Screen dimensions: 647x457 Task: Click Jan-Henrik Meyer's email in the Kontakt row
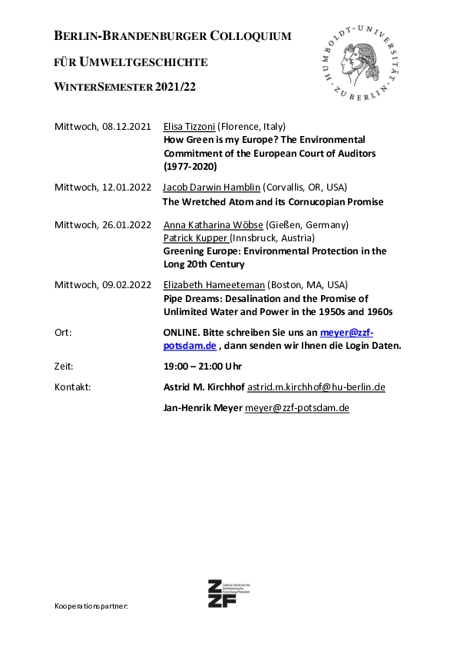tap(296, 407)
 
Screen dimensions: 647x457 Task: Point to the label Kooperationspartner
tap(91, 606)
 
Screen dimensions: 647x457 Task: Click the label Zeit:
tap(65, 366)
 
